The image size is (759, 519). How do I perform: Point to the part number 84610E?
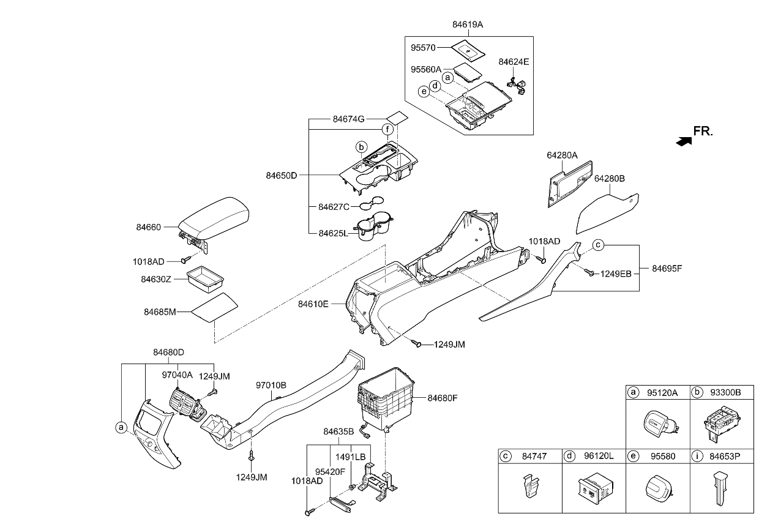click(313, 304)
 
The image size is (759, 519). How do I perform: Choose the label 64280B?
click(609, 179)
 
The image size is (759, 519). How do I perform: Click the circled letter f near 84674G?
click(387, 129)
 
